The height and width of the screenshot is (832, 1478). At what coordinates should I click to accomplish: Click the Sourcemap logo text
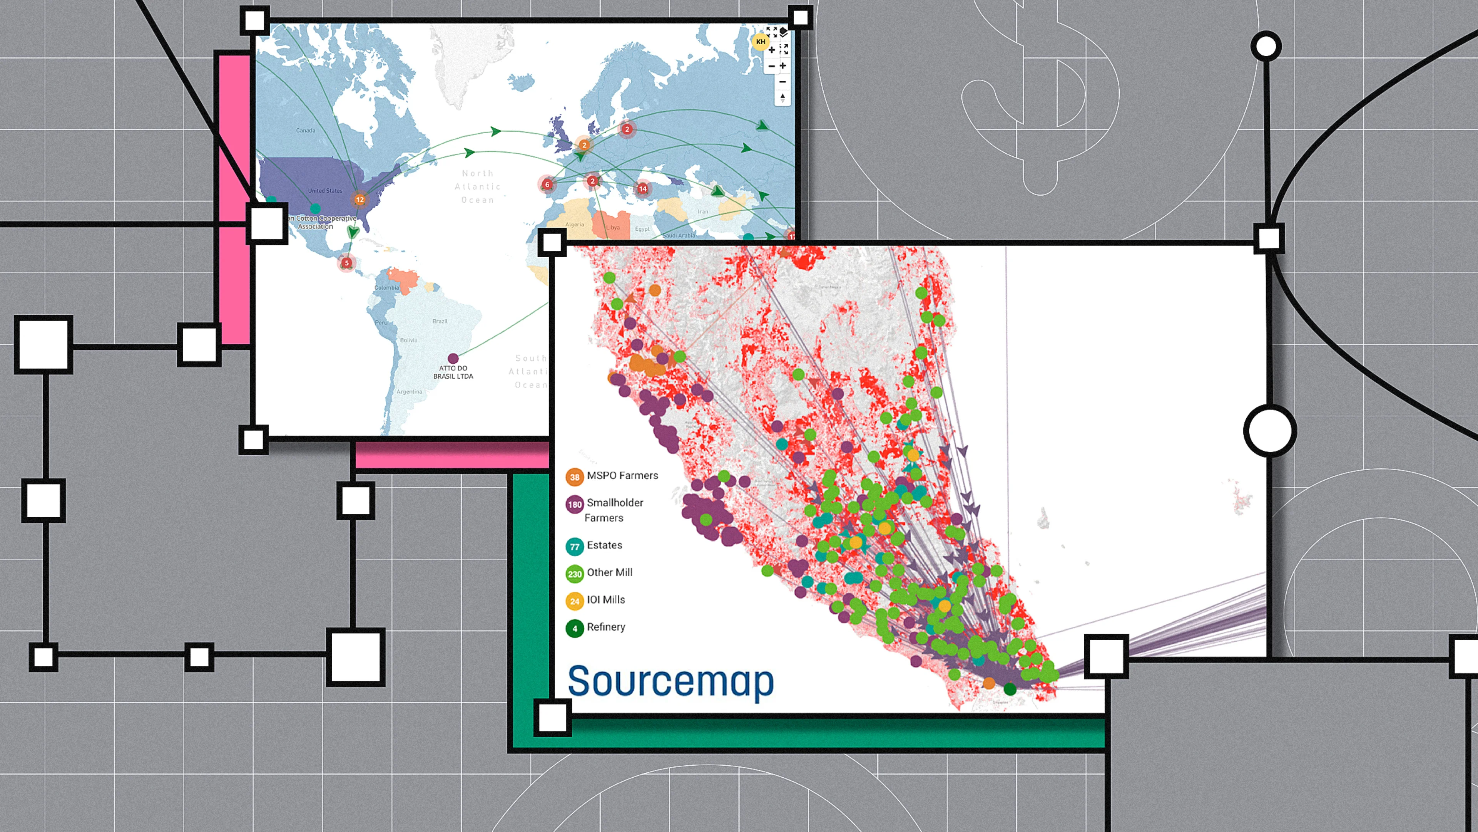click(670, 681)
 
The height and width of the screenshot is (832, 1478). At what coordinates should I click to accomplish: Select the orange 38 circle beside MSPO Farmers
click(574, 476)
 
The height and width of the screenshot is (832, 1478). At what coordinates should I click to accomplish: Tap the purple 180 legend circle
click(574, 505)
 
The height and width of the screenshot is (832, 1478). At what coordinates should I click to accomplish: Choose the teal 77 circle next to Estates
click(574, 547)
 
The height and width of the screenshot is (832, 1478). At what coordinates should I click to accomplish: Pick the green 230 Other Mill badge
click(574, 574)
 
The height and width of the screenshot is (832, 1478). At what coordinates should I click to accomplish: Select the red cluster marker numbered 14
click(643, 188)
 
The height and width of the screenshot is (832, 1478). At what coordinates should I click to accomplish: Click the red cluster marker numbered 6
click(547, 185)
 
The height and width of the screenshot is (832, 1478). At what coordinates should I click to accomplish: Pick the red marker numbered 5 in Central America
click(346, 263)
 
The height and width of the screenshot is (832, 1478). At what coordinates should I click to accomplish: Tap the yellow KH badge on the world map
click(760, 42)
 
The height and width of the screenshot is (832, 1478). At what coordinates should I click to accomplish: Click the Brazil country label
click(440, 321)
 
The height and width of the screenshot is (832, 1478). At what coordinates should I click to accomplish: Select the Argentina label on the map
click(409, 392)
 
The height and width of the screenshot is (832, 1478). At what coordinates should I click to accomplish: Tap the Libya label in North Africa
click(613, 227)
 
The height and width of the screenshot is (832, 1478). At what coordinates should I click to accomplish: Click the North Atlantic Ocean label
click(477, 186)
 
